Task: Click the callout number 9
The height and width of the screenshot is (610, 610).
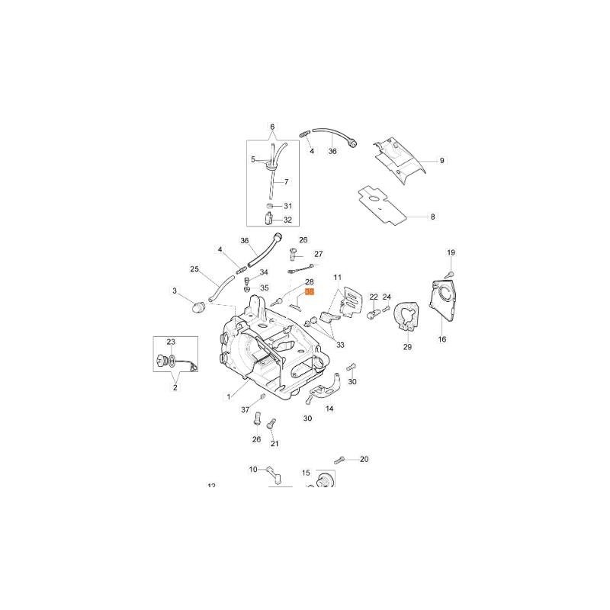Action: pyautogui.click(x=441, y=161)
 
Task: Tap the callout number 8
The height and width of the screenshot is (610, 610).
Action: pyautogui.click(x=432, y=217)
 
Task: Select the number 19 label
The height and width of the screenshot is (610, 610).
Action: pyautogui.click(x=451, y=252)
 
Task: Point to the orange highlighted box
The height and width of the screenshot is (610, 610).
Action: pyautogui.click(x=310, y=291)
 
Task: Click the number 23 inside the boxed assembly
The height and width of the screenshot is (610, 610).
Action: pyautogui.click(x=171, y=342)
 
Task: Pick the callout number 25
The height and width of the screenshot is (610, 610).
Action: pyautogui.click(x=194, y=270)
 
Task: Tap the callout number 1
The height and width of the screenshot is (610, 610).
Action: pyautogui.click(x=228, y=396)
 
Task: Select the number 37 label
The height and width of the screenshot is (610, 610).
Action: pyautogui.click(x=246, y=410)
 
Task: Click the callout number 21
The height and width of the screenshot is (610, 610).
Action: pyautogui.click(x=274, y=444)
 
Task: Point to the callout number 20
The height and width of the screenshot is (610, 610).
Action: pyautogui.click(x=364, y=459)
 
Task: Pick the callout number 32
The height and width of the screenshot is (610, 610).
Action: pyautogui.click(x=287, y=220)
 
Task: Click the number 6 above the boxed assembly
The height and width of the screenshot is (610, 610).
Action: pyautogui.click(x=272, y=127)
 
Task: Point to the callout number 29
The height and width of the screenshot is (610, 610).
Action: pyautogui.click(x=407, y=347)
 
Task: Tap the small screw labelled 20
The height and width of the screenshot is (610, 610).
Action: pyautogui.click(x=340, y=460)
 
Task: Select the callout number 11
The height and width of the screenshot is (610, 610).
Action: pyautogui.click(x=338, y=277)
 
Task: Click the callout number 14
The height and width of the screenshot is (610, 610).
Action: pyautogui.click(x=329, y=409)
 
